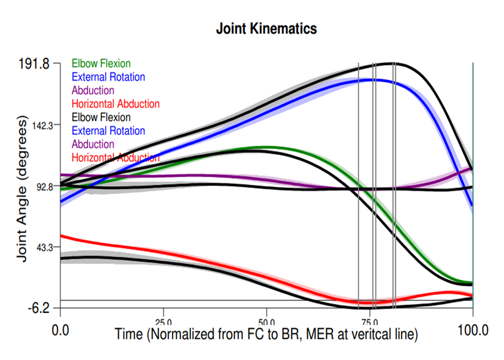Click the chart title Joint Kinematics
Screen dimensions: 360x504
click(x=266, y=29)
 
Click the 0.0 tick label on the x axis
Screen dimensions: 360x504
click(x=61, y=330)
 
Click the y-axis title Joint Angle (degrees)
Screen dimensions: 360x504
click(x=22, y=188)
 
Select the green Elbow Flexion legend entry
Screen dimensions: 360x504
click(x=101, y=63)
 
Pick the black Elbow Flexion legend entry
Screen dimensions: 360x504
click(x=101, y=118)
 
